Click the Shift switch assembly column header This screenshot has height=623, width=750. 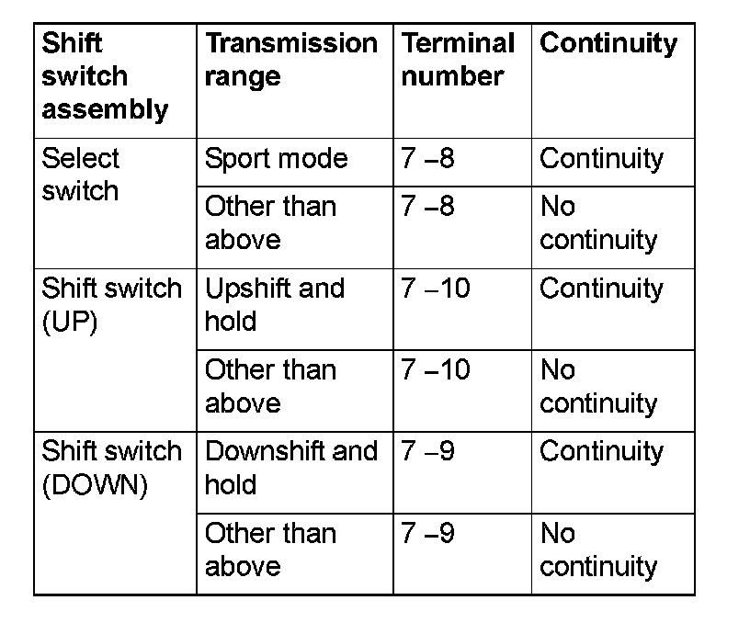point(106,76)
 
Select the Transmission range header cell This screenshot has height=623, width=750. point(290,60)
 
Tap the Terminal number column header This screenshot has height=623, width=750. point(458,60)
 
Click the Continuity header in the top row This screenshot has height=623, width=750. point(608,43)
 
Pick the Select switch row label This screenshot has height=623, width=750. point(81,175)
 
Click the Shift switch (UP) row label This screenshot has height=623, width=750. point(111,304)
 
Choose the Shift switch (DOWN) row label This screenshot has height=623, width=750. point(111,468)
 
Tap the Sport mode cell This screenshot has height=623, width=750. point(276,159)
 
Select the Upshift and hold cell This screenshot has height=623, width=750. point(274,304)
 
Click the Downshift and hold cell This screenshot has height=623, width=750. point(290,468)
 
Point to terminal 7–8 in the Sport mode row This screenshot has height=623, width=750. point(427,159)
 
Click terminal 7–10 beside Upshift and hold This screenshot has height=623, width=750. point(436,289)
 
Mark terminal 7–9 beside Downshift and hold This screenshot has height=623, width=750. point(427,452)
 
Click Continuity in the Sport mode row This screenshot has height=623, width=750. point(601,159)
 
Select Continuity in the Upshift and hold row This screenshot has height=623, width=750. point(601,289)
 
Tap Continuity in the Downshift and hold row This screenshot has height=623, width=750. point(601,452)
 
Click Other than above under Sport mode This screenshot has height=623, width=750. point(270,223)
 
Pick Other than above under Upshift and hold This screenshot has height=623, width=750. point(270,386)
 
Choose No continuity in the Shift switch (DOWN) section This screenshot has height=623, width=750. point(598,549)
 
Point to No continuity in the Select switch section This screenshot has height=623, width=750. point(598,223)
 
